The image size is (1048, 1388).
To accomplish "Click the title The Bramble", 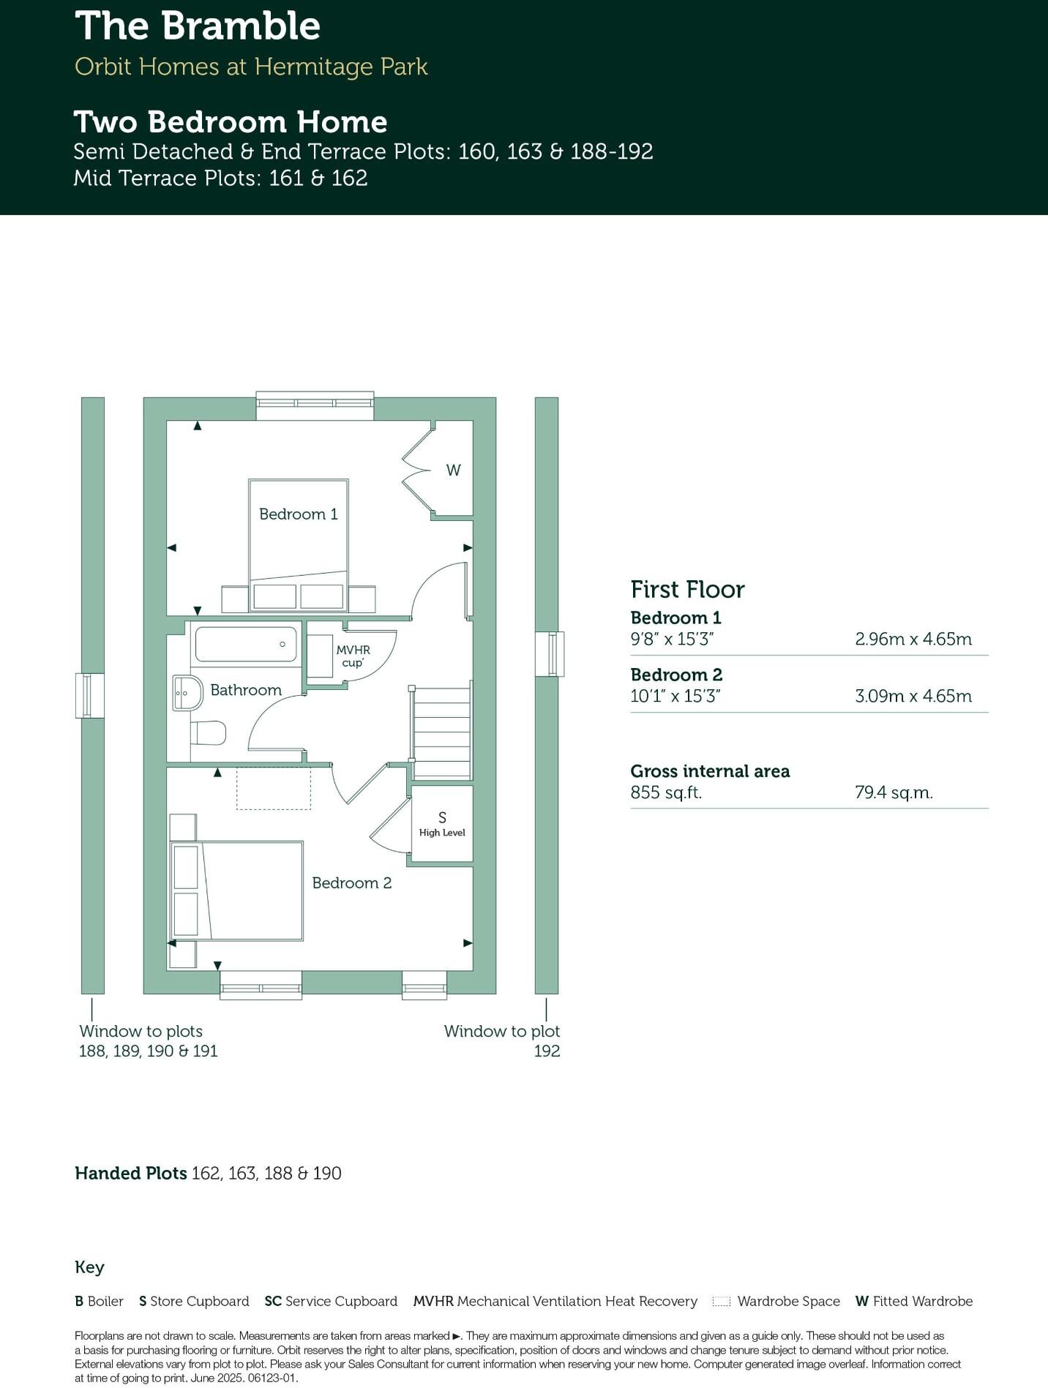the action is [198, 26].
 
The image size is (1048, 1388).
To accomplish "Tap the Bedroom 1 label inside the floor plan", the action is [299, 514].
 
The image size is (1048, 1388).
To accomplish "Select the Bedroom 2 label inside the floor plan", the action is [351, 883].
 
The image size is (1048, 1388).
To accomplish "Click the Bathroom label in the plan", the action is [246, 690].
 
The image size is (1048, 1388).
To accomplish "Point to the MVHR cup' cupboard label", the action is [353, 656].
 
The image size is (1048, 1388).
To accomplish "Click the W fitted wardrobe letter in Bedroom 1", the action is [454, 470].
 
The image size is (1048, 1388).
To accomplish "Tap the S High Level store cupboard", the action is [442, 823].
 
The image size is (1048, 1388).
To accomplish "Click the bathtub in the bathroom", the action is [246, 644].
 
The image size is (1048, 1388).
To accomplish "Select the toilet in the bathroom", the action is [209, 733].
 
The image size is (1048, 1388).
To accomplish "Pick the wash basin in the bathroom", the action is [187, 692].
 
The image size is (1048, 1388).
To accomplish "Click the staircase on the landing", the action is [441, 732].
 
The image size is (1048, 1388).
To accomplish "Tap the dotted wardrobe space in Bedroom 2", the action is [273, 788].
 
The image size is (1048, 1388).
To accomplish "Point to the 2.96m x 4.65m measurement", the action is [913, 639].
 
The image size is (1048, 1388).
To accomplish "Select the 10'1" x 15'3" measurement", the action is [675, 696].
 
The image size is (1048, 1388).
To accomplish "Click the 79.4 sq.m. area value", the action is [894, 792].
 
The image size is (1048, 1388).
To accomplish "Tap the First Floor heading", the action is [687, 589].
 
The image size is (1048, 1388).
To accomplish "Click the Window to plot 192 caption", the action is [502, 1040].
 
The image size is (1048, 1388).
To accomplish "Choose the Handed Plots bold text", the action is [131, 1174].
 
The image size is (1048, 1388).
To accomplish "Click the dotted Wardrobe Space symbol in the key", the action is [722, 1302].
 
